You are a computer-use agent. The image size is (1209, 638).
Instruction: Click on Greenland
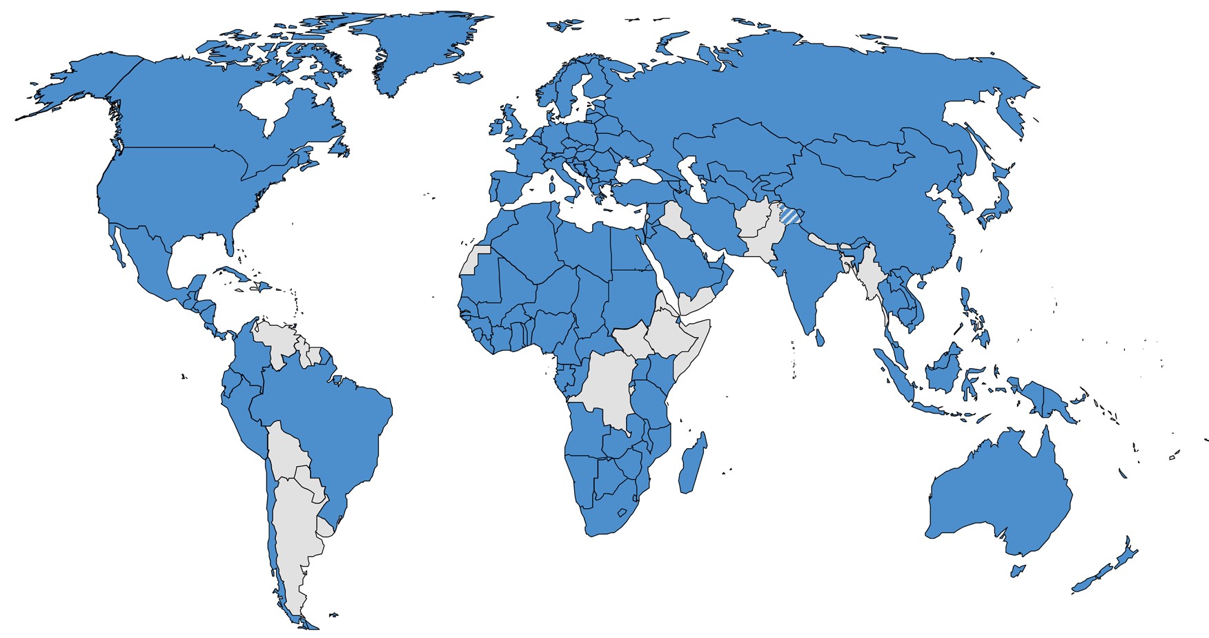[x=414, y=48]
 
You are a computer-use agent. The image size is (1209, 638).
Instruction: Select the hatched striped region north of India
[x=791, y=216]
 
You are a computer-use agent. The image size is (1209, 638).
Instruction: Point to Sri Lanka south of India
[x=820, y=338]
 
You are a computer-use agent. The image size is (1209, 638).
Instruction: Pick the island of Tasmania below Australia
[x=1016, y=570]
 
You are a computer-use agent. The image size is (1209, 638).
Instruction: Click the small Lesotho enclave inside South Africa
[x=621, y=513]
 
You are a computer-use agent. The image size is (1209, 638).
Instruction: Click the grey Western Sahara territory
[x=473, y=261]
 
